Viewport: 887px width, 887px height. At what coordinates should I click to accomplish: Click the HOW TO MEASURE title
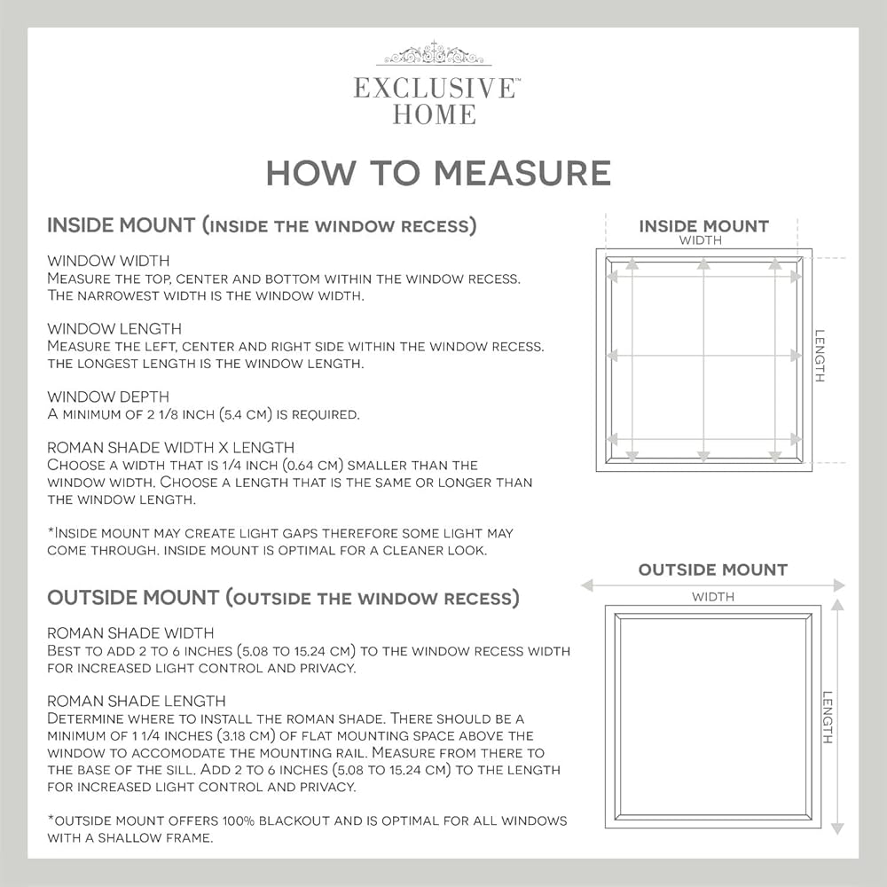438,173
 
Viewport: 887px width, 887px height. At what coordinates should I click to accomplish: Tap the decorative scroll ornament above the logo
434,54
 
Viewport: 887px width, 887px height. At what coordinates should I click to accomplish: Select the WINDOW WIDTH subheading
108,261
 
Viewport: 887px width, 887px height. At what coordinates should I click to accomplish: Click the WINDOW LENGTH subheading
114,329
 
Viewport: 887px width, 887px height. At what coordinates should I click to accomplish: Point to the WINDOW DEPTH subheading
108,396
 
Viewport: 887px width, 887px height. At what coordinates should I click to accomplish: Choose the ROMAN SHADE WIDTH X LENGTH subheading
171,447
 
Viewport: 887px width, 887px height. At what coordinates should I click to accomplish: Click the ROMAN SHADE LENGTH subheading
137,701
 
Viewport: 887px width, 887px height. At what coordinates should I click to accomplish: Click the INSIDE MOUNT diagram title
703,226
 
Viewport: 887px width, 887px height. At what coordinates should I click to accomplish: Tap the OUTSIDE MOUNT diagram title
713,569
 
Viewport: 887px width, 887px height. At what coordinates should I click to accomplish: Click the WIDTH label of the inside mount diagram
701,240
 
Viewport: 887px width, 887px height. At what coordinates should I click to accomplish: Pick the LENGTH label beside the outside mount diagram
828,717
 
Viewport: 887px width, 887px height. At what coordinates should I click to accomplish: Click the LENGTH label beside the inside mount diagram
820,356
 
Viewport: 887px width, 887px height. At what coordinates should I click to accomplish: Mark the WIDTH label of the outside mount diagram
713,597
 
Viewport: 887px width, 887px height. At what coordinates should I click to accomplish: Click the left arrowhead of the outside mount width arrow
587,585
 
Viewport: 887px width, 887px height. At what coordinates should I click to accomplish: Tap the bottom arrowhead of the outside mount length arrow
838,828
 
